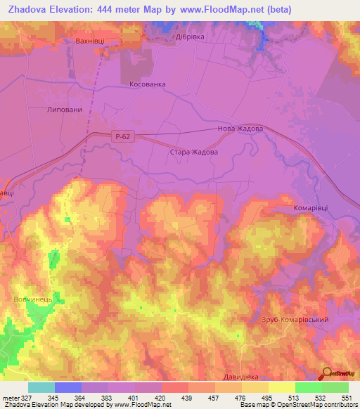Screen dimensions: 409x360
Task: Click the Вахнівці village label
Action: click(x=89, y=41)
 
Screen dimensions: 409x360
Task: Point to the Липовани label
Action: click(x=65, y=110)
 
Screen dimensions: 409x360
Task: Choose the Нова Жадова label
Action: click(x=241, y=129)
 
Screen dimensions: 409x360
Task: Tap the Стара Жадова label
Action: click(x=194, y=152)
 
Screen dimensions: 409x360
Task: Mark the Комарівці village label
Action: click(x=312, y=208)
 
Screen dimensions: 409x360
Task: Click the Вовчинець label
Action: click(x=33, y=300)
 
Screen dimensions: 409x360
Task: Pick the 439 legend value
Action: click(x=188, y=398)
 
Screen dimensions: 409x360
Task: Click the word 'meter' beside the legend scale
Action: click(x=11, y=398)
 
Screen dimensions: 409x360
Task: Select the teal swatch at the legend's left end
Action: click(x=41, y=387)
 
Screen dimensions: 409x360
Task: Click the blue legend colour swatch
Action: click(x=68, y=387)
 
